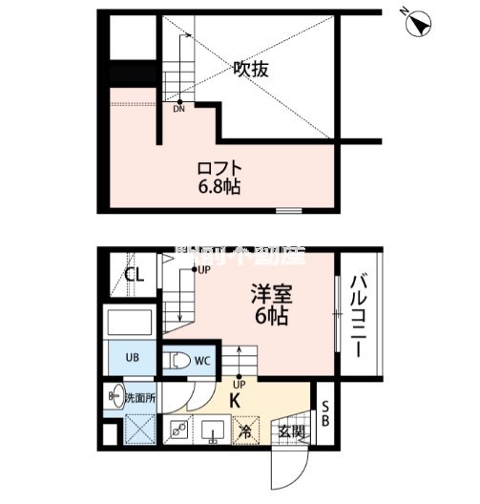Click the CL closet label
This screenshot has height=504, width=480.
point(135,277)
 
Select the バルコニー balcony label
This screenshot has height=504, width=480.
point(359,316)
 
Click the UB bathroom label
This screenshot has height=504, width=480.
point(134,360)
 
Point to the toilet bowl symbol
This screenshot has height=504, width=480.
point(178,361)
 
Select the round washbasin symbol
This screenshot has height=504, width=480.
point(115,392)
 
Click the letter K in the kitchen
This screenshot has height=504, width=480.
point(234,400)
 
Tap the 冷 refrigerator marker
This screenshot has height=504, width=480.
point(245,431)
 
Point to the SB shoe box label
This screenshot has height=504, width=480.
point(323,418)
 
